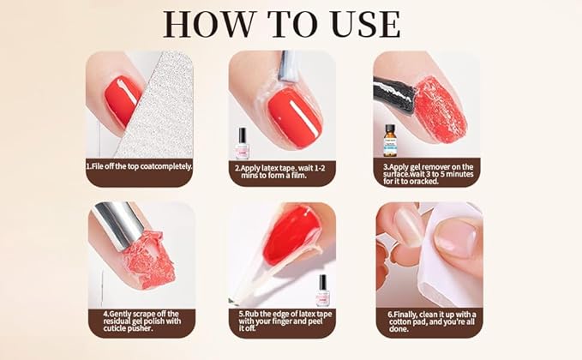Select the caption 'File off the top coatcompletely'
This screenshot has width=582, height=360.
click(140, 166)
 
